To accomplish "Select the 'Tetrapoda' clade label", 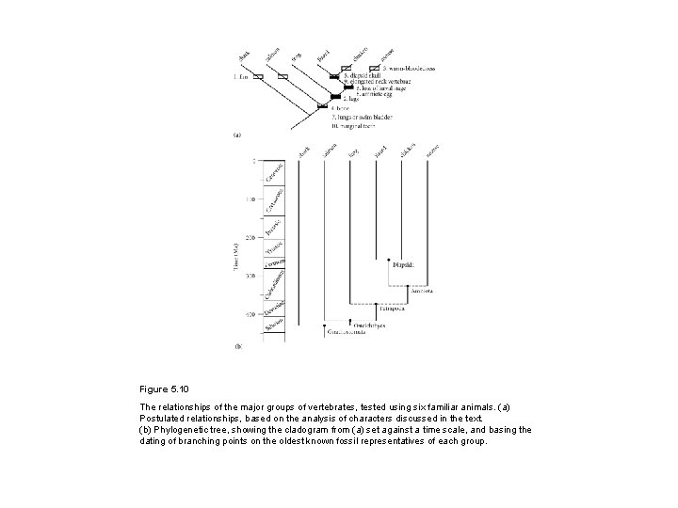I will [393, 308].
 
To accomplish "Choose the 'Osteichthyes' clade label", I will [356, 324].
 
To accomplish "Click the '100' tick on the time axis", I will [250, 199].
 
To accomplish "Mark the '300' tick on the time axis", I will [250, 276].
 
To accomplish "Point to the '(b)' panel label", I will [237, 345].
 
